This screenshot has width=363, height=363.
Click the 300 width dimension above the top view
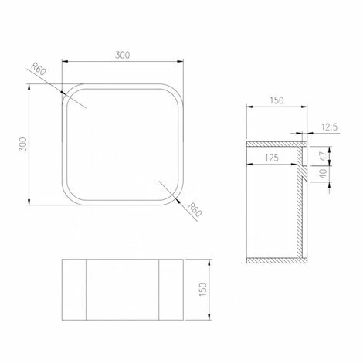[x=123, y=55]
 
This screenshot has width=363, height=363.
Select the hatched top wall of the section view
[x=274, y=144]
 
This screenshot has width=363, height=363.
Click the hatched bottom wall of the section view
[x=274, y=260]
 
